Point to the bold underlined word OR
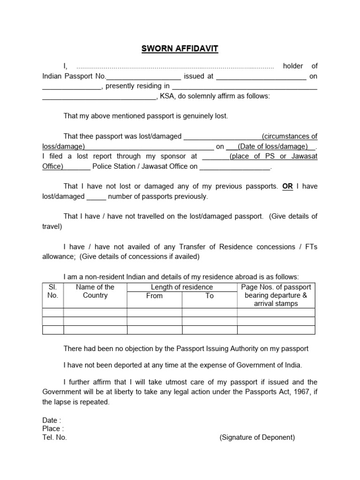(x=287, y=186)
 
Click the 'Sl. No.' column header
(x=52, y=291)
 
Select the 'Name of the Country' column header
(x=95, y=291)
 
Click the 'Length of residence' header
(x=182, y=287)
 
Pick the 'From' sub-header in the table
(x=154, y=296)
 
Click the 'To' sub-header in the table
(x=209, y=296)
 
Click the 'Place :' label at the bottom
(x=53, y=429)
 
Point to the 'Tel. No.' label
(x=55, y=437)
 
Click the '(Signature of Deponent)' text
(x=257, y=437)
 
